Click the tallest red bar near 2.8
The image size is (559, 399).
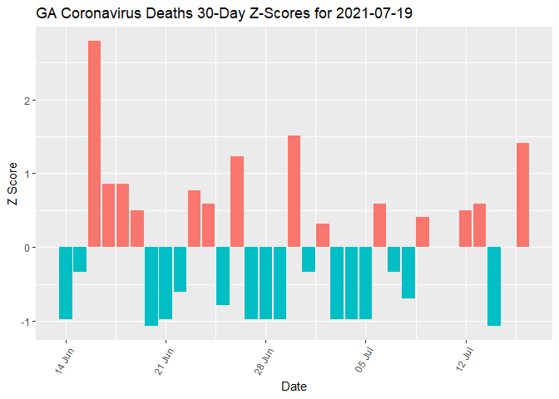coord(94,143)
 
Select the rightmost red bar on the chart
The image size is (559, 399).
coord(522,195)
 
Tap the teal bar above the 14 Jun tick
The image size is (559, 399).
coord(66,283)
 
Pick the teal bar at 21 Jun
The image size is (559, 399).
coord(166,283)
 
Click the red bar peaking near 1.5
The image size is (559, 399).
coord(294,191)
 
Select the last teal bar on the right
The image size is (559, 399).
coord(494,286)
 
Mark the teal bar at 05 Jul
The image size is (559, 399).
coord(365,283)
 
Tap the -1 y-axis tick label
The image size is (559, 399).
coord(24,321)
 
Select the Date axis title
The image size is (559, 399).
coord(294,386)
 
